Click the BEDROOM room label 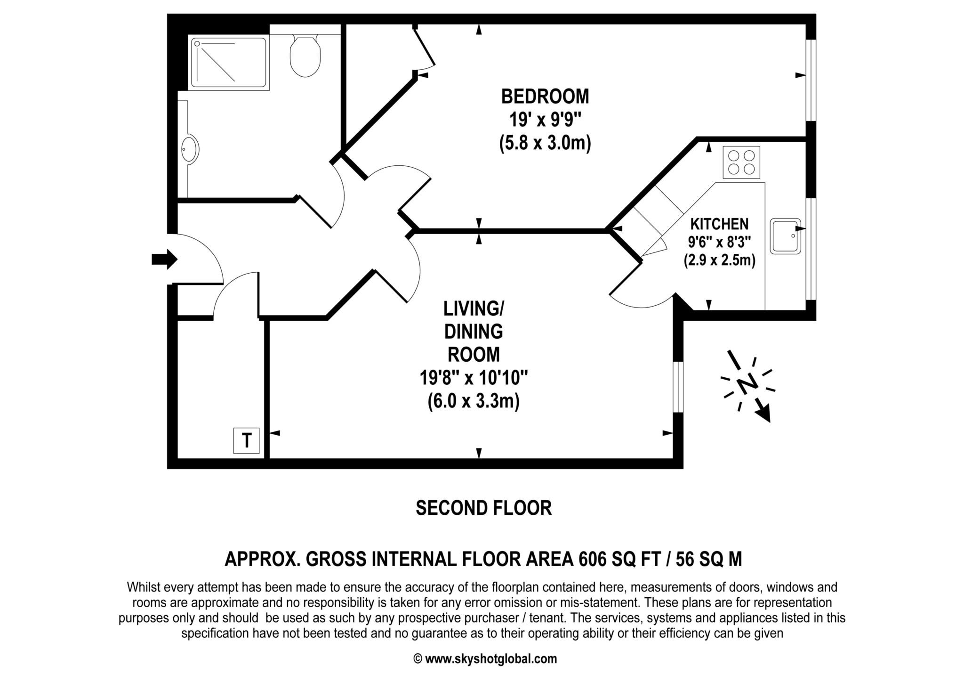tap(545, 96)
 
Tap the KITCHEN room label tap(719, 224)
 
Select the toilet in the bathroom tap(305, 56)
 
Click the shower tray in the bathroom tap(229, 63)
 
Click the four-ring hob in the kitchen tap(741, 162)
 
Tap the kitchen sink tap(786, 236)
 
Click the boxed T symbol tap(247, 441)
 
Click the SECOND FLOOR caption tap(483, 508)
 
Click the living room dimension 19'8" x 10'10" tap(474, 378)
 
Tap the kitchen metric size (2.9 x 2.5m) tap(719, 260)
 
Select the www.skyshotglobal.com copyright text tap(485, 659)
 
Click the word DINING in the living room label tap(474, 332)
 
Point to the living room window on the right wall tap(678, 387)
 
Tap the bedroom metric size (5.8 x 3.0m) tap(545, 143)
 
